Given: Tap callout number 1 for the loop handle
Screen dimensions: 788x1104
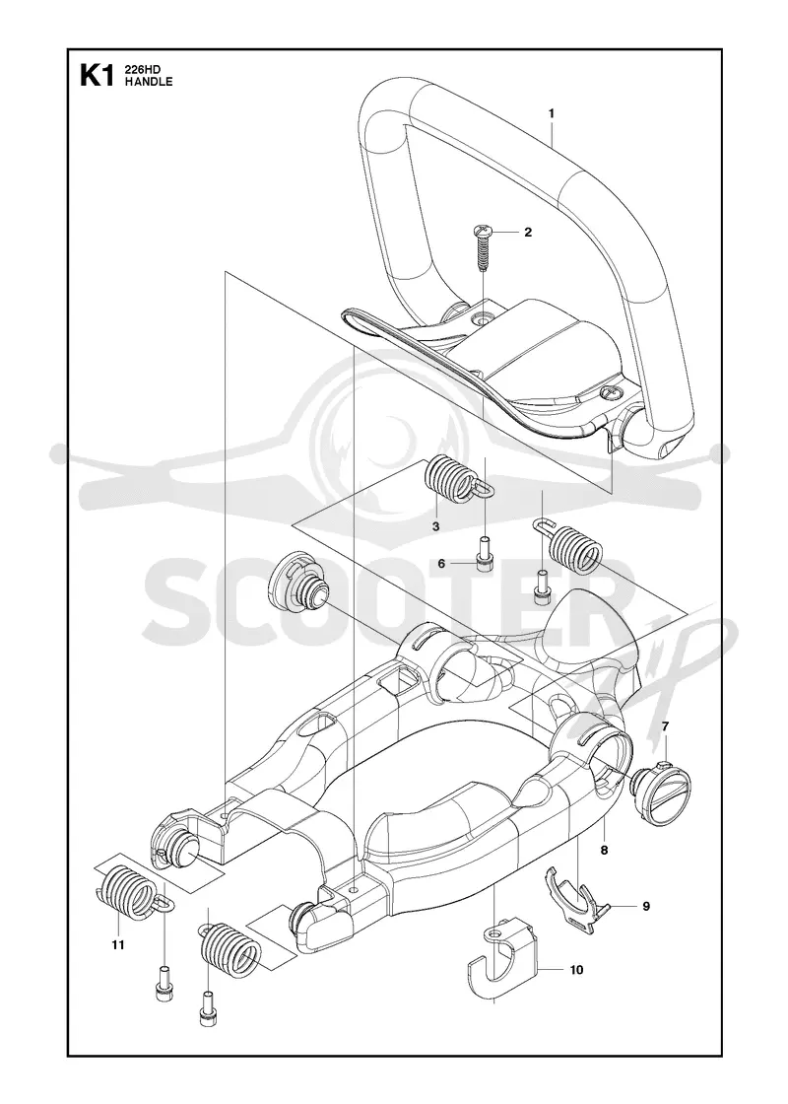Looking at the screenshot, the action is [552, 112].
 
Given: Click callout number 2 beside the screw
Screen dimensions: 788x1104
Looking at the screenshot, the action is [528, 232].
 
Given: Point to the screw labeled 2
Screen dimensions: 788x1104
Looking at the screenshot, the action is [484, 246].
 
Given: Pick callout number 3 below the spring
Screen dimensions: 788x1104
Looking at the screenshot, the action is [435, 526].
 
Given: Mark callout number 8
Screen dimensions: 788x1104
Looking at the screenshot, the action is [604, 851].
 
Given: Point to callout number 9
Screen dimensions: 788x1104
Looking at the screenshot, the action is [646, 906].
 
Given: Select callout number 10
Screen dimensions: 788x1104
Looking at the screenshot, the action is [576, 970].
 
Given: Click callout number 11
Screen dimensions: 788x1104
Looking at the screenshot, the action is [117, 945].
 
